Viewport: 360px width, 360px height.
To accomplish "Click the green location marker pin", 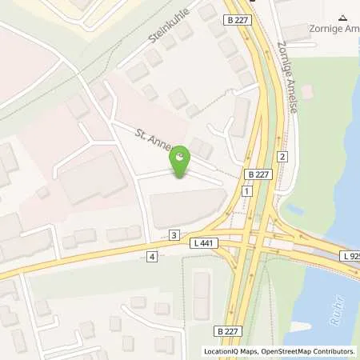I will point(181,159).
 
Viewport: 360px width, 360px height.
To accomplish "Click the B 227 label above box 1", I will point(258,174).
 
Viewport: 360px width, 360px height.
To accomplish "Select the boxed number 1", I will point(248,192).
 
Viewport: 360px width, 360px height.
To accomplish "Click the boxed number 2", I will point(282,156).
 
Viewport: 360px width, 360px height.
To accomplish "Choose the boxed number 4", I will point(151,256).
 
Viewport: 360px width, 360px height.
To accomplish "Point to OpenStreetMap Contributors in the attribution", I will point(310,351).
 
